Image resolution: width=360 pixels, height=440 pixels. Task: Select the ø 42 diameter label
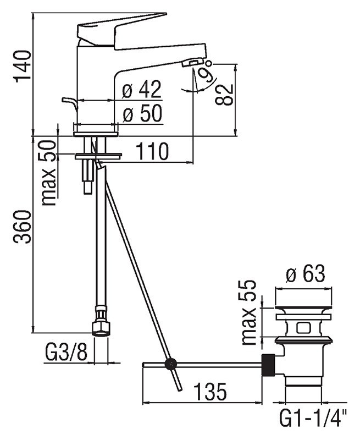click(x=142, y=90)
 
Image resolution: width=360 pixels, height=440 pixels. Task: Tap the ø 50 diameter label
click(x=142, y=114)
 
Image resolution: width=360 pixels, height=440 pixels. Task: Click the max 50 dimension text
click(x=49, y=172)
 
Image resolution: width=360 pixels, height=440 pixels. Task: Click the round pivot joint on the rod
click(x=171, y=364)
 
